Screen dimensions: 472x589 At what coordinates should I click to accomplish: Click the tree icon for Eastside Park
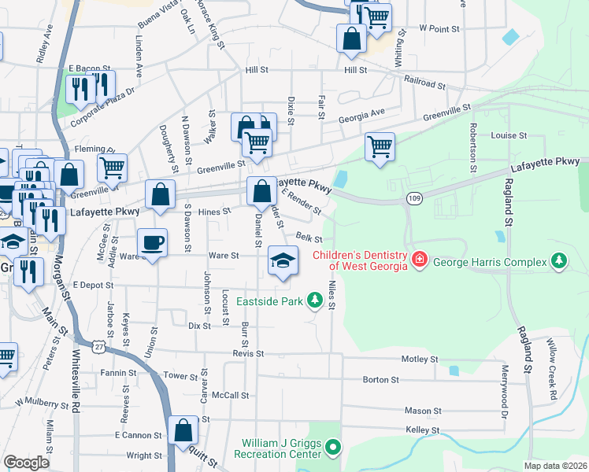(315, 300)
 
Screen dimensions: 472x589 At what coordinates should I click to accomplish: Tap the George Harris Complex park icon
(559, 260)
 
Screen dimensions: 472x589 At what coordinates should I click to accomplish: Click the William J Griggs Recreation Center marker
(333, 448)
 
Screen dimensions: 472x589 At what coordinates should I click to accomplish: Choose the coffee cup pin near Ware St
(153, 242)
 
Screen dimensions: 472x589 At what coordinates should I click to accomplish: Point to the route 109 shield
(413, 199)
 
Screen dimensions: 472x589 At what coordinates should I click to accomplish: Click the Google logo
(26, 463)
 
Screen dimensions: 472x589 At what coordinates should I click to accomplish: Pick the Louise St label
(509, 135)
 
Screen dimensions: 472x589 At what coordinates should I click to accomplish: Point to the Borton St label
(381, 379)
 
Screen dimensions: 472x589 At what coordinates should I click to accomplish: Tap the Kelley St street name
(422, 430)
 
